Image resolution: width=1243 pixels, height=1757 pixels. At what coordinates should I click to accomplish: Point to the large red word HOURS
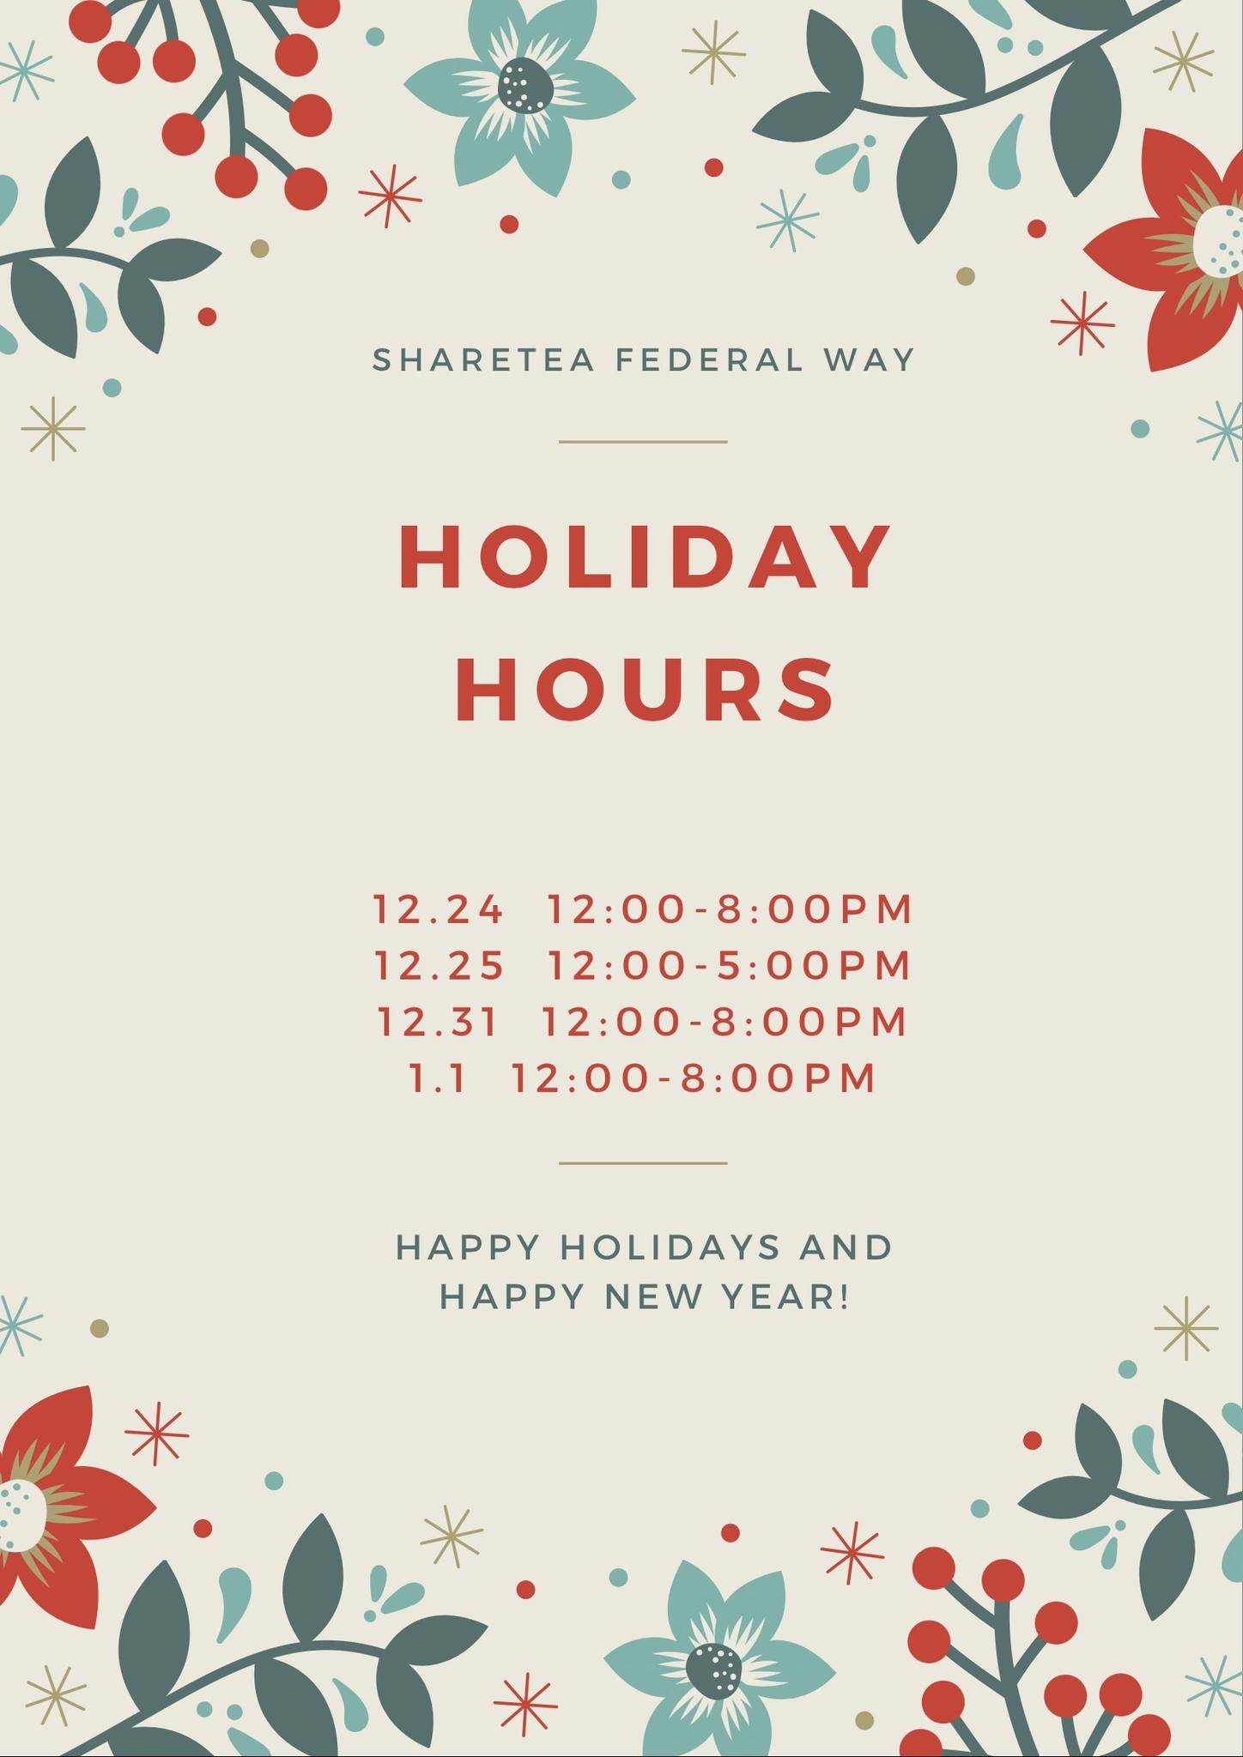point(645,688)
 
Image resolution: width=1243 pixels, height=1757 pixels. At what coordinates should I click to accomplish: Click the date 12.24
point(439,909)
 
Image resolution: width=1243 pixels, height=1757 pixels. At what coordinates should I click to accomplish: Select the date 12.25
point(440,965)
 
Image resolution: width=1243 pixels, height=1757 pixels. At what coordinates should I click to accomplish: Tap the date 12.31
point(438,1022)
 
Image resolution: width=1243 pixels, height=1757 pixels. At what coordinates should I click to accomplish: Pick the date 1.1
point(438,1078)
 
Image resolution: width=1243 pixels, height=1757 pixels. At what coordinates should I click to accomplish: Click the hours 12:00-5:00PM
point(730,965)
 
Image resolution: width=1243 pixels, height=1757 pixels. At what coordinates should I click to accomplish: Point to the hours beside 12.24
point(731,909)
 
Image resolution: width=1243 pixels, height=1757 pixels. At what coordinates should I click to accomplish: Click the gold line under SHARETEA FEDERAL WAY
point(643,442)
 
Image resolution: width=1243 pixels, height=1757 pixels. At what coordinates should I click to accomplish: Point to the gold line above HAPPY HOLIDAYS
point(643,1163)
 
